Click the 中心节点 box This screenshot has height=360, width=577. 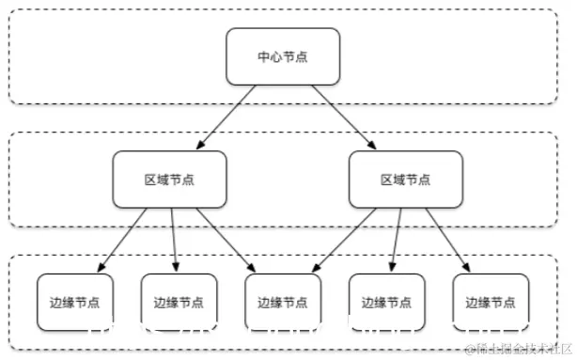283,56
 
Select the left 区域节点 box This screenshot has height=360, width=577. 169,180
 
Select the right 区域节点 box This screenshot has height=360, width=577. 405,180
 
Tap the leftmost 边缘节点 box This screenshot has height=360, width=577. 75,303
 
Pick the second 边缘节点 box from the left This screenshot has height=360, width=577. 179,303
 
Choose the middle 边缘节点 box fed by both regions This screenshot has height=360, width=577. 283,303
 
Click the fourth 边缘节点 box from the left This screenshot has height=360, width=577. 386,303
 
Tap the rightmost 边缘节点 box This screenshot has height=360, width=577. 491,303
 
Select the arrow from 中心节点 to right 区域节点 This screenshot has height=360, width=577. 342,117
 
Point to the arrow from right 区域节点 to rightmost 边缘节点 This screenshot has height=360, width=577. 448,239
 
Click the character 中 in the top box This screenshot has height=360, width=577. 263,56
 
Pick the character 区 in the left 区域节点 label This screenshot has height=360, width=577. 150,180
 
